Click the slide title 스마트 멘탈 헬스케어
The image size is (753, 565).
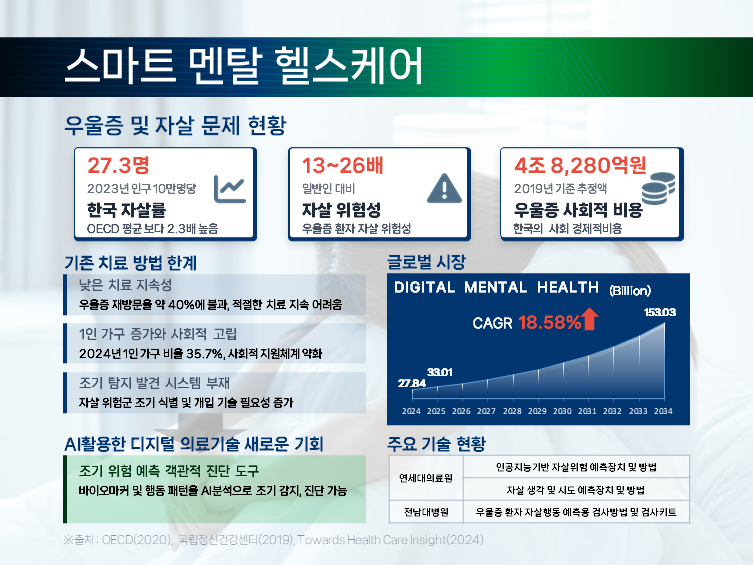pyautogui.click(x=243, y=64)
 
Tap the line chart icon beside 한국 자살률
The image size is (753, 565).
pyautogui.click(x=229, y=187)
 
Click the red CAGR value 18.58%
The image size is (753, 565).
pyautogui.click(x=548, y=322)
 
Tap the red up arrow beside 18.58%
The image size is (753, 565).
pyautogui.click(x=589, y=320)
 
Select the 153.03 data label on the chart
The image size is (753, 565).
pyautogui.click(x=660, y=313)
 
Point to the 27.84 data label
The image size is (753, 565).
pyautogui.click(x=412, y=383)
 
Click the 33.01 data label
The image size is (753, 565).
pyautogui.click(x=440, y=372)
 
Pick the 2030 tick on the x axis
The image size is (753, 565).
pyautogui.click(x=563, y=411)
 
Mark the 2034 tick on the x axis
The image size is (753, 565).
pyautogui.click(x=663, y=411)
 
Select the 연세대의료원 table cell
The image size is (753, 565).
pyautogui.click(x=425, y=478)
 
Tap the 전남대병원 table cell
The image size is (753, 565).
pyautogui.click(x=425, y=512)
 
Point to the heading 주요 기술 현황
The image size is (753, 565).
pyautogui.click(x=436, y=443)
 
